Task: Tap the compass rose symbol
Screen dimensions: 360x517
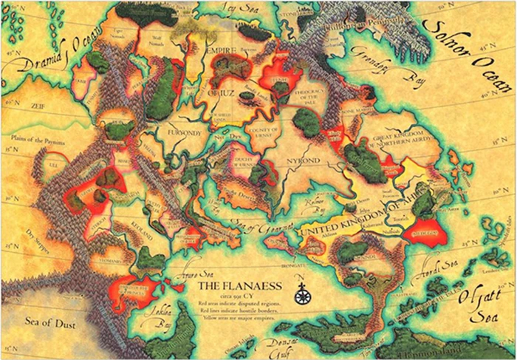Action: click(x=301, y=295)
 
